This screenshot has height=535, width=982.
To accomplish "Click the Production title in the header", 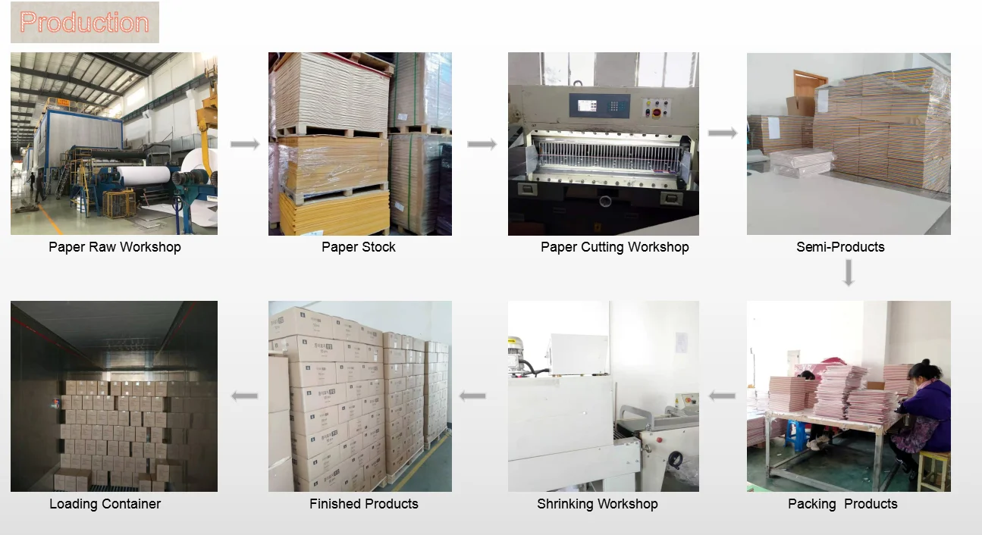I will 84,22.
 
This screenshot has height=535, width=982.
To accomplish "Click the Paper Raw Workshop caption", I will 115,247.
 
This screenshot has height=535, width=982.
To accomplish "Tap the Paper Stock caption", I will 359,247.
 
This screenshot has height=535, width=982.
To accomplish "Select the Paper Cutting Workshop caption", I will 614,247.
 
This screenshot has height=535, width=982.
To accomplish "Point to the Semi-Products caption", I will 840,247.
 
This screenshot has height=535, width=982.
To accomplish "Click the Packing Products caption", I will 842,504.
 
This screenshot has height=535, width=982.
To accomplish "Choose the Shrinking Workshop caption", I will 597,504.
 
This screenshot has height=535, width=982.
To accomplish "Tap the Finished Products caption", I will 363,504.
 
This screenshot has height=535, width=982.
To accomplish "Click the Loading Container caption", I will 105,504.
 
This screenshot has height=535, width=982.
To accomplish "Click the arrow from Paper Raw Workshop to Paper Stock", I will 244,144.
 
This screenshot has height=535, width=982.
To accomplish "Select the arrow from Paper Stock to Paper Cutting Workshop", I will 482,144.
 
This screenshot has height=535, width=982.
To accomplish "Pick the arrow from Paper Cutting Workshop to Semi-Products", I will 723,133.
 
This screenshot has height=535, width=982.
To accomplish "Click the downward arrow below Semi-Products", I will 849,273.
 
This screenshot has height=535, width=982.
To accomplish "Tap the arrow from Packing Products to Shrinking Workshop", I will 722,396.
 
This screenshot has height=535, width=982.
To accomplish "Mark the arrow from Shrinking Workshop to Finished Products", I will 472,396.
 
